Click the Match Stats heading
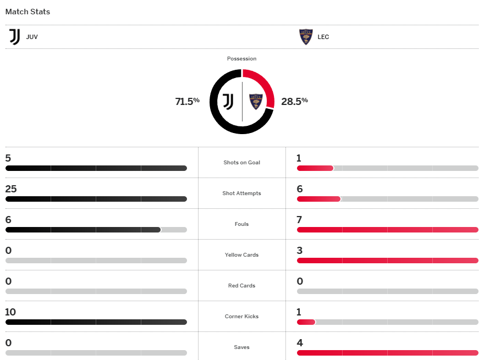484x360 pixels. point(28,12)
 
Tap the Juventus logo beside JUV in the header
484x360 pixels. point(15,37)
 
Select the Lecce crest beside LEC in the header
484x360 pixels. point(306,37)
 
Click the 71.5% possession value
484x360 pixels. point(187,101)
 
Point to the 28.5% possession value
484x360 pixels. point(294,101)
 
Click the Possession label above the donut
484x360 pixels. point(241,59)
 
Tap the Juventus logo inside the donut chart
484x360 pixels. point(228,101)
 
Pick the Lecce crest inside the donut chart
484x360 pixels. point(256,101)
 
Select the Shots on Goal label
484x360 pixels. point(241,163)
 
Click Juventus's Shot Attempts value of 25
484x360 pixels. point(11,189)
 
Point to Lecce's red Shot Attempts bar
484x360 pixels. point(318,198)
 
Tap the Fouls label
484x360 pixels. point(241,224)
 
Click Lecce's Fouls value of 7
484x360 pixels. point(300,220)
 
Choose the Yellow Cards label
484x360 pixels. point(241,255)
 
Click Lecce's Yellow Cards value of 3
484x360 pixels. point(300,251)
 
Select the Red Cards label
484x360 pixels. point(241,286)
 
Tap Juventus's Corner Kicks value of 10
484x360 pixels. point(10,312)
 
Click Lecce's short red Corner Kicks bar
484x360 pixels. point(306,322)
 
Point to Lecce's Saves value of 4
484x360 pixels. point(300,343)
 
